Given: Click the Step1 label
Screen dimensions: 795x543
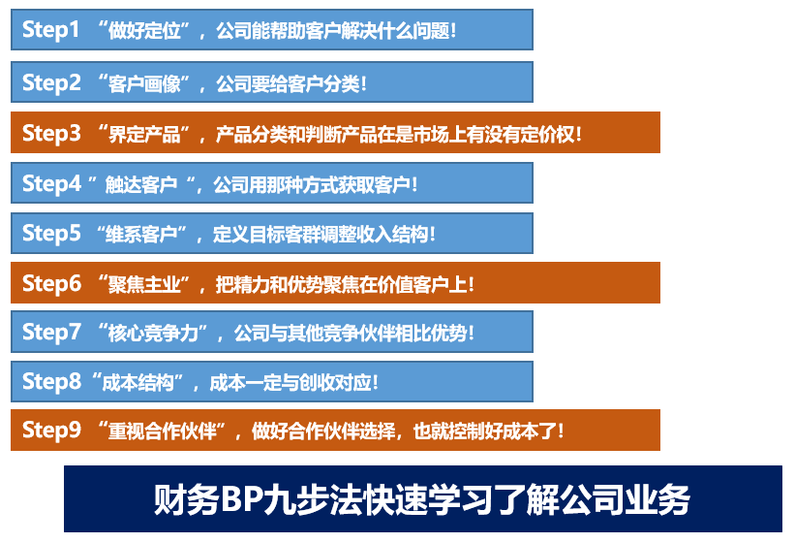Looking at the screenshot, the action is (x=50, y=30).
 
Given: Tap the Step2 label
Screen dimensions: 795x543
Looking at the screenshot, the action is (x=51, y=82).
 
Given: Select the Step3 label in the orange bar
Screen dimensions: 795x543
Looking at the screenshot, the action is (x=51, y=134).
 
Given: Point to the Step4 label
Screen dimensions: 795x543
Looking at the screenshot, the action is (x=51, y=183).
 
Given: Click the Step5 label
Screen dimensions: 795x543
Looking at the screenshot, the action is (x=51, y=234).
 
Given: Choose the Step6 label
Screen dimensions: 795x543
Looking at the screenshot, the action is (x=51, y=283).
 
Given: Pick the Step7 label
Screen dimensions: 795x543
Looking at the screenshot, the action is (x=51, y=333).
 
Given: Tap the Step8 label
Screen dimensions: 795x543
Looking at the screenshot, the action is (x=51, y=382).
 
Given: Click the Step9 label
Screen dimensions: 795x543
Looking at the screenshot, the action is (x=51, y=431).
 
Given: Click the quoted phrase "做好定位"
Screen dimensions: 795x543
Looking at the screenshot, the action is (x=144, y=31).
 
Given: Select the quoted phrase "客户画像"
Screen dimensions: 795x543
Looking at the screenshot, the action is (x=144, y=83).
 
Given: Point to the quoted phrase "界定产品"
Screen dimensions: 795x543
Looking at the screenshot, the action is (x=144, y=135).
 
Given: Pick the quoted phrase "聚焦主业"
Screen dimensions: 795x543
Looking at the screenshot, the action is (x=144, y=284).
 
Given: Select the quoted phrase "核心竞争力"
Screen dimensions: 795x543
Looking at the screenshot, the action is (x=153, y=334).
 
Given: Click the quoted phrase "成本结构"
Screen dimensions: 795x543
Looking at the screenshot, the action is (x=138, y=383).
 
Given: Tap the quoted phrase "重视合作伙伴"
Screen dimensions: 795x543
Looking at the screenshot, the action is (x=163, y=431).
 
